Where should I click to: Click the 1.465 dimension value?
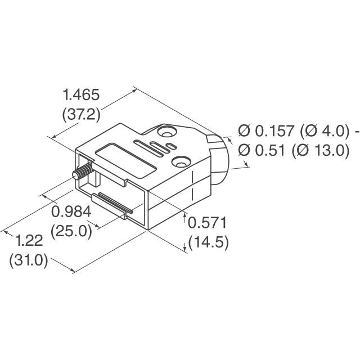pos(81,94)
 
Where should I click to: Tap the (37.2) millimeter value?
pos(81,114)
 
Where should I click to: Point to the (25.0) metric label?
pos(71,231)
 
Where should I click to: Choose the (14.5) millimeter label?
pos(208,243)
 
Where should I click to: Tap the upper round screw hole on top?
pos(166,134)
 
